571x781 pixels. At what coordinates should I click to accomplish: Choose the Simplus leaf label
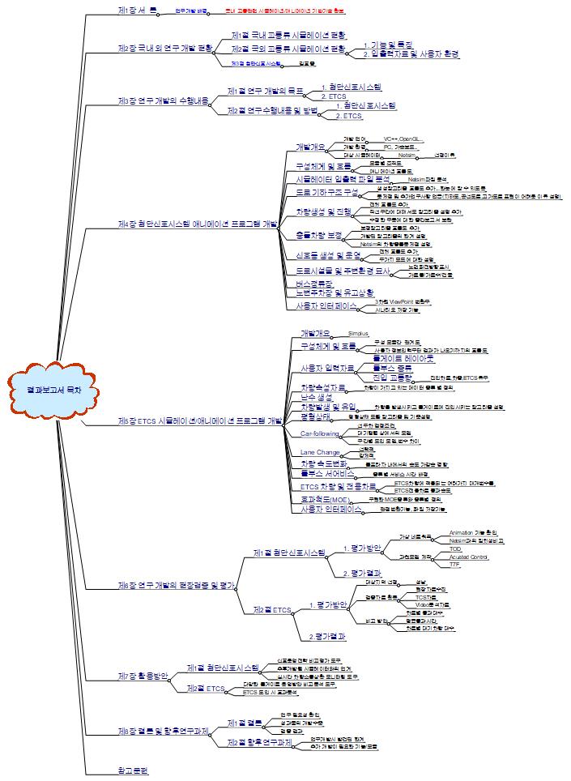click(358, 334)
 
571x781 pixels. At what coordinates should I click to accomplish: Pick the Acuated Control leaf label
click(468, 557)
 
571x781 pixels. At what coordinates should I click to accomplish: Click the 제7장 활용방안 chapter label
click(143, 675)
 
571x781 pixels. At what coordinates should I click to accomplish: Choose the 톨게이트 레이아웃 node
click(403, 357)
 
